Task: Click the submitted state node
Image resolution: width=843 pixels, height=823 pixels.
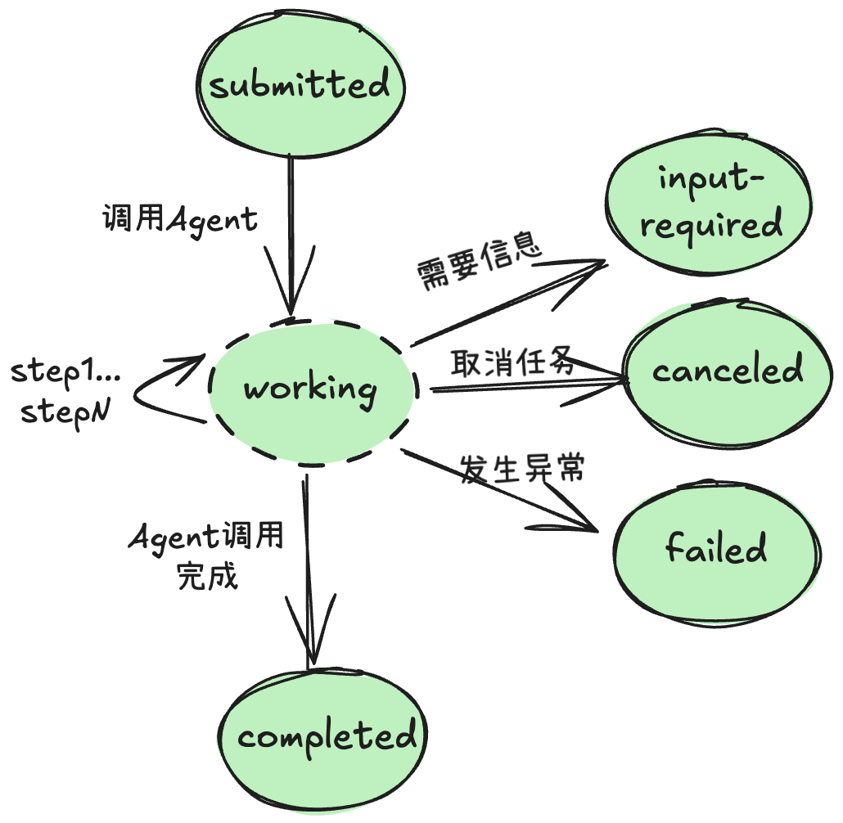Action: tap(300, 85)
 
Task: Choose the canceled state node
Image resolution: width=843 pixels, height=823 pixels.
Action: tap(727, 371)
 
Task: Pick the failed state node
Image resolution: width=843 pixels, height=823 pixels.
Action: tap(716, 548)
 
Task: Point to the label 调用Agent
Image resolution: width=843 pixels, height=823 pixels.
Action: tap(179, 219)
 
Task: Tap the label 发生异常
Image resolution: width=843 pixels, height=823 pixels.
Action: tap(521, 469)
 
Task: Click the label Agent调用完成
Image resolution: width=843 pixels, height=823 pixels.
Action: tap(207, 555)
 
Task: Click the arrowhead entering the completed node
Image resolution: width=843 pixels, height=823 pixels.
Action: tap(309, 646)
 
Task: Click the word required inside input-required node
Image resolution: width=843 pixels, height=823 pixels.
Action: tap(710, 225)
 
